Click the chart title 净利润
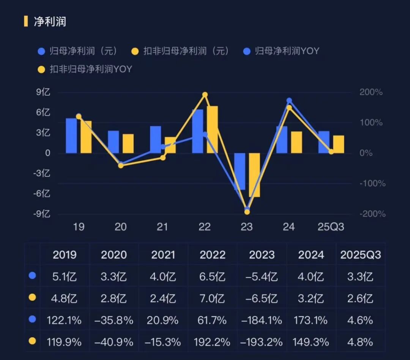tap(50, 21)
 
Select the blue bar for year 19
tap(71, 136)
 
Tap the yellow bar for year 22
tap(212, 129)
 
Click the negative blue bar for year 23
tap(240, 171)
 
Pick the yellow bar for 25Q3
tap(339, 144)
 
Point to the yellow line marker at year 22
tap(205, 95)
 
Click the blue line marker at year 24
tap(289, 101)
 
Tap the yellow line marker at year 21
tap(163, 158)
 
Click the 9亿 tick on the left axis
tap(43, 93)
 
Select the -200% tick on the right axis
tap(372, 214)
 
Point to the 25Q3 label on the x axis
tap(331, 227)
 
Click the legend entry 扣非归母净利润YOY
tap(91, 69)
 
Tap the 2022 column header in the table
tap(213, 254)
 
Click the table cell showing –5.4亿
tap(262, 276)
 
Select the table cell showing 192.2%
tap(213, 342)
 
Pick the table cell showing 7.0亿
tap(213, 298)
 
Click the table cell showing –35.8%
tap(114, 320)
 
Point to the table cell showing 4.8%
tap(360, 342)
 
